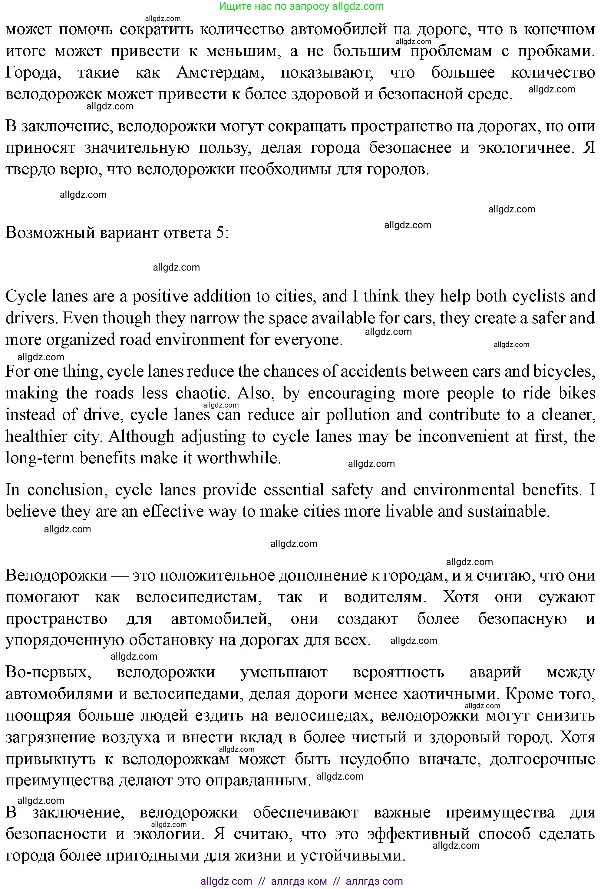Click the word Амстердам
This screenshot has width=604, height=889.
coord(220,73)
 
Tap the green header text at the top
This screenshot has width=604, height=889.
coord(302,6)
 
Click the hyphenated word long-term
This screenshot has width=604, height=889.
coord(40,458)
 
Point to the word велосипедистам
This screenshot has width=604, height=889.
coord(199,597)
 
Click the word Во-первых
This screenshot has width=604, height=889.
coord(48,672)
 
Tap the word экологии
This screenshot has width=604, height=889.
coord(167,834)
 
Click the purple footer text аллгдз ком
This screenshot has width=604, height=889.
coord(299,881)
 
